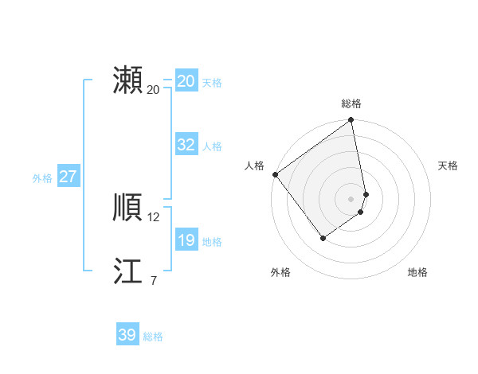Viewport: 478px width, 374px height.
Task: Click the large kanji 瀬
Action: tap(127, 81)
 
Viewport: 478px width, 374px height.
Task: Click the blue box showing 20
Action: tap(186, 81)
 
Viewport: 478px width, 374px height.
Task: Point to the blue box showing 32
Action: tap(186, 145)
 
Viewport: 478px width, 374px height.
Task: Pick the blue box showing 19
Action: tap(186, 240)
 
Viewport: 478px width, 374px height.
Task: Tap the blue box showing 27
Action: tap(68, 177)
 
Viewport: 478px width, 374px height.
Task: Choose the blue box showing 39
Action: tap(127, 335)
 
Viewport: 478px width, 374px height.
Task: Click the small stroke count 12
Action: tap(154, 217)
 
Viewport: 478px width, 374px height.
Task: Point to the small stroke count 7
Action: tap(153, 280)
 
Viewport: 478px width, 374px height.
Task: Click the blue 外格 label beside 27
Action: tap(42, 178)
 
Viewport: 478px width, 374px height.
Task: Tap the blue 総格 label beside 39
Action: tap(153, 337)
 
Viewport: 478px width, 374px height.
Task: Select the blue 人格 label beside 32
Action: tap(212, 146)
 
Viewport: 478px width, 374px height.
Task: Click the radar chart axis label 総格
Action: tap(351, 103)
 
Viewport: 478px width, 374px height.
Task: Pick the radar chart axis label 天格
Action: tap(448, 166)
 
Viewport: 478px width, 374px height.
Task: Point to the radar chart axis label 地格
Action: tap(417, 272)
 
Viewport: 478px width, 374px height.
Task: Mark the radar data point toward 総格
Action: tap(351, 121)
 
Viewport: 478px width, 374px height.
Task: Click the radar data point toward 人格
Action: tap(275, 174)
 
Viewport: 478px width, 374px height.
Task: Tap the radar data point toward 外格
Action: tap(323, 237)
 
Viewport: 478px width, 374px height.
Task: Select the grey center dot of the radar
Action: tap(351, 198)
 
